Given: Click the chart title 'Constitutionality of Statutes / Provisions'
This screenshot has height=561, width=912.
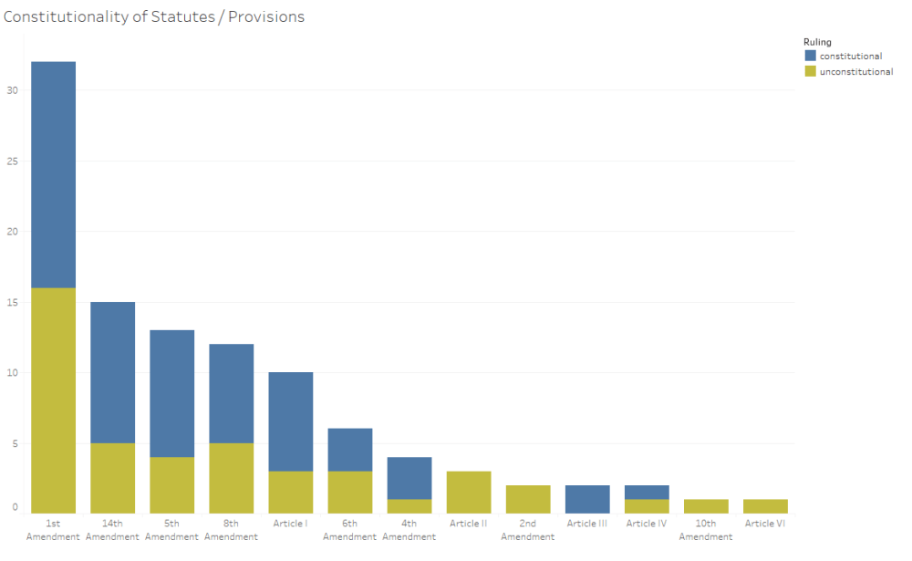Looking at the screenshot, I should [x=154, y=17].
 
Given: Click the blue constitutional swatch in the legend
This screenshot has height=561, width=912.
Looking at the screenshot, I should [x=811, y=56].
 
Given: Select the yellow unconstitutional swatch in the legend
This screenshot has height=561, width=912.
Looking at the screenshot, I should [x=811, y=71].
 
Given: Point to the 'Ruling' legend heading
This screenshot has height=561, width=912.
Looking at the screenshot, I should [x=816, y=42].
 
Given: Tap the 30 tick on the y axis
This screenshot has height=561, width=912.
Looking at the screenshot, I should [x=13, y=90].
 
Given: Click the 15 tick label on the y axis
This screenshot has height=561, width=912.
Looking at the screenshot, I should [x=13, y=302].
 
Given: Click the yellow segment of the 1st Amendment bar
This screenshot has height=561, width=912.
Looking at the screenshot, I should [x=53, y=400].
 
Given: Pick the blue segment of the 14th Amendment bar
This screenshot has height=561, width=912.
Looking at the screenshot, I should [x=112, y=372].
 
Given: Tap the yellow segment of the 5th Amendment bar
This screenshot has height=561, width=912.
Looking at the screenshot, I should [x=171, y=484].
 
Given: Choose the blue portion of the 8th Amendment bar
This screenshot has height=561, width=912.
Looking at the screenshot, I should [x=231, y=393].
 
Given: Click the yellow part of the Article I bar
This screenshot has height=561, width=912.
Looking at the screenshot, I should [x=290, y=492].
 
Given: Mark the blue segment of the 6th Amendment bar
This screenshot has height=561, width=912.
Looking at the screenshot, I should [x=349, y=450].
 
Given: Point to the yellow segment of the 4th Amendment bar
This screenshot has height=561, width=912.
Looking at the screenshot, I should [x=409, y=505].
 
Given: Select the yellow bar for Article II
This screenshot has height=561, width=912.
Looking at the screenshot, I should [x=468, y=492].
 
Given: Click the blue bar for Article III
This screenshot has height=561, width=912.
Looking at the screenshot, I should [x=586, y=499].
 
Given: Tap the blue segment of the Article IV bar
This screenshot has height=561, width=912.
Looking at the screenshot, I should [x=646, y=492].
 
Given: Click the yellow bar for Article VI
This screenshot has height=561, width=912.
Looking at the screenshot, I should [x=764, y=505].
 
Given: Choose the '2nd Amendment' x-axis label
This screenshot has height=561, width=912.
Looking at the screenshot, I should [x=527, y=530].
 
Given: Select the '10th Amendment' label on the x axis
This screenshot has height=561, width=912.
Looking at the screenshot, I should [x=705, y=530].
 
